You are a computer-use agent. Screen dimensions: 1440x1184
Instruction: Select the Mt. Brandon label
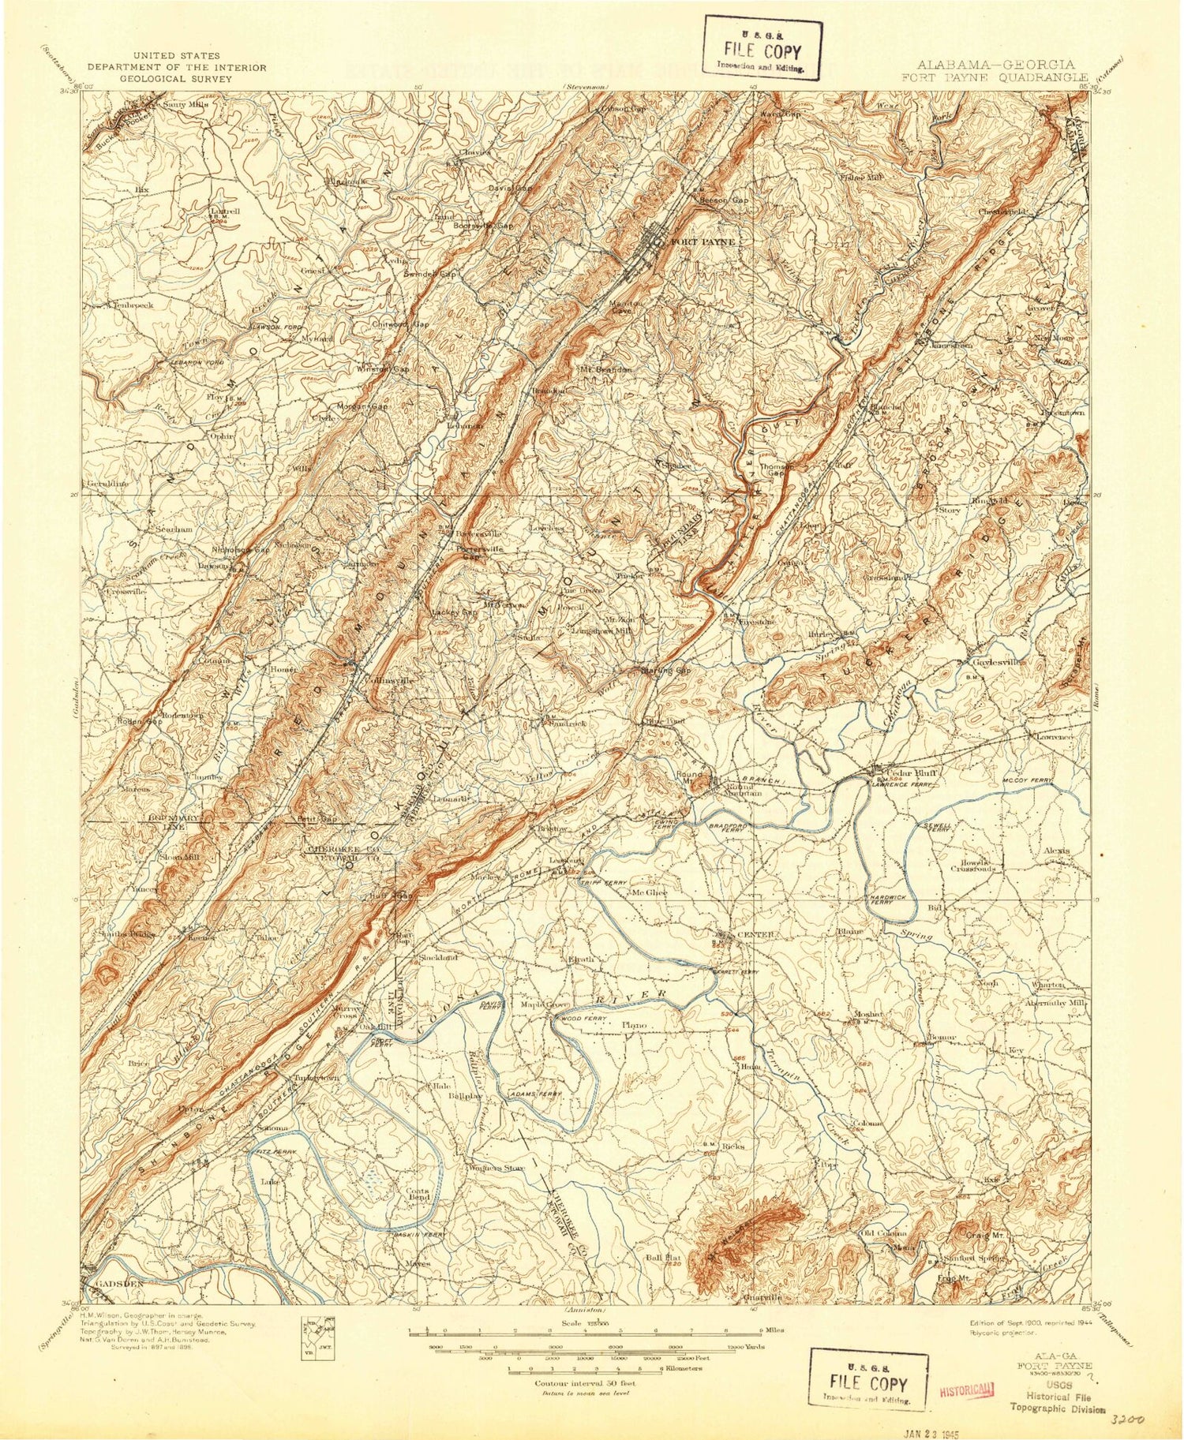[x=606, y=369]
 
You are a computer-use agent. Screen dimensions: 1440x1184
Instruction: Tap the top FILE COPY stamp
[x=763, y=50]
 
